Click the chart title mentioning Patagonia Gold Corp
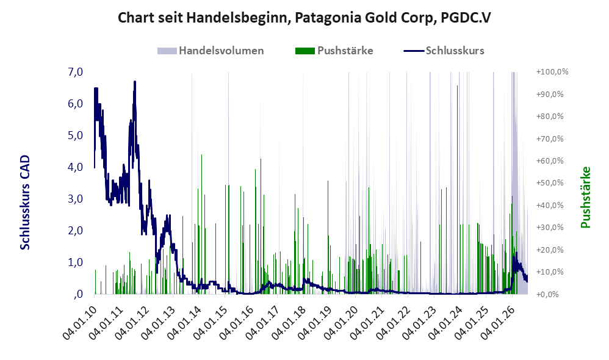click(304, 18)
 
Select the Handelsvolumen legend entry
click(211, 51)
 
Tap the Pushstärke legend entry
click(334, 51)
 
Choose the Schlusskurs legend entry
click(444, 51)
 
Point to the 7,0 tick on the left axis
click(75, 72)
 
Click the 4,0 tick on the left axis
click(75, 167)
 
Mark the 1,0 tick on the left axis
click(75, 262)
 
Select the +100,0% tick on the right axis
click(552, 72)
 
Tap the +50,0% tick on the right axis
click(550, 183)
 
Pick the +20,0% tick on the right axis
click(550, 250)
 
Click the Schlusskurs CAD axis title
click(25, 202)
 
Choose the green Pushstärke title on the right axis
click(585, 197)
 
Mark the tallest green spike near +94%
click(457, 190)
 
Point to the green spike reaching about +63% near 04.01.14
click(201, 224)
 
